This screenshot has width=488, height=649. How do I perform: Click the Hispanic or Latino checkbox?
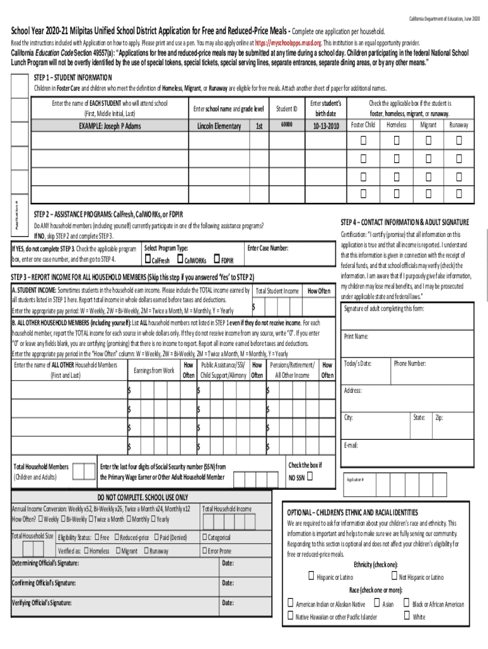click(311, 576)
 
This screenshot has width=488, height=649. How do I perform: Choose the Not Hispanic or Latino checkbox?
click(392, 576)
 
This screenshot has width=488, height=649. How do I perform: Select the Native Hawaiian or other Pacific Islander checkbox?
click(290, 616)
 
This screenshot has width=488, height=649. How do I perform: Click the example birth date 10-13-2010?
click(326, 125)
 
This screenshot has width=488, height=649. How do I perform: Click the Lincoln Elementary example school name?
click(219, 125)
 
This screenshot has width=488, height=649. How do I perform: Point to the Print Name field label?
click(356, 336)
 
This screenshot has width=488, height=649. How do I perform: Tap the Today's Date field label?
click(358, 363)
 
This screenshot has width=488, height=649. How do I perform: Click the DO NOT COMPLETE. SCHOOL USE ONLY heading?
click(143, 497)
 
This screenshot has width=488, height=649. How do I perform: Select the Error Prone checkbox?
click(205, 551)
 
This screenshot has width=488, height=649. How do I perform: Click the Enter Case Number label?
click(268, 248)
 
